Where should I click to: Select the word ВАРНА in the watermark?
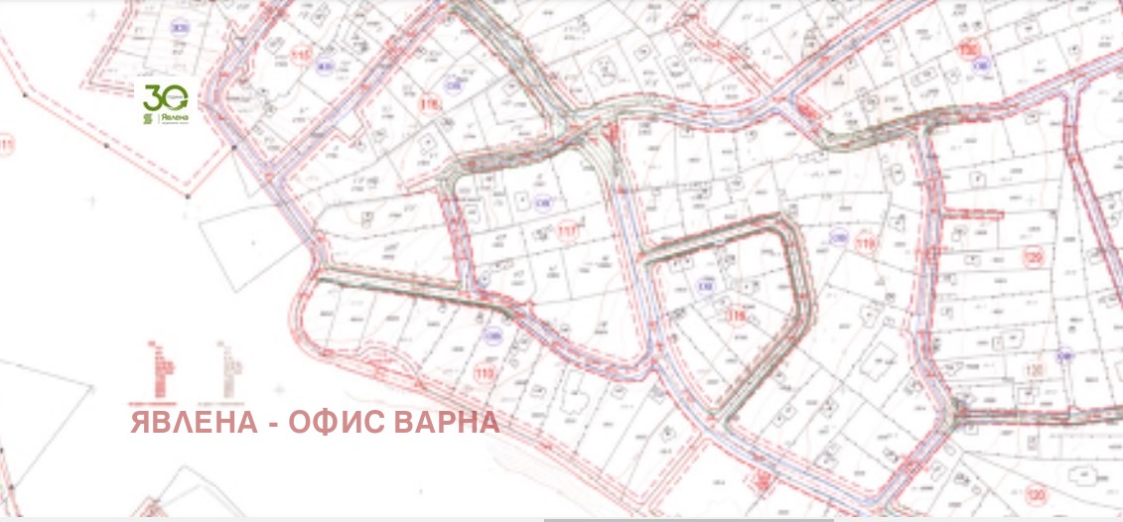click(x=446, y=423)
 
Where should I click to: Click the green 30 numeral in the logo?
click(x=160, y=96)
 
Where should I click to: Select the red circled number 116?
click(x=430, y=102)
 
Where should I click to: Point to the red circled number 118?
click(x=737, y=317)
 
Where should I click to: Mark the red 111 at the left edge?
click(x=8, y=148)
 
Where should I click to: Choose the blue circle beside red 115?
click(x=324, y=67)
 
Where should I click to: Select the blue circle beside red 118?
click(x=707, y=288)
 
